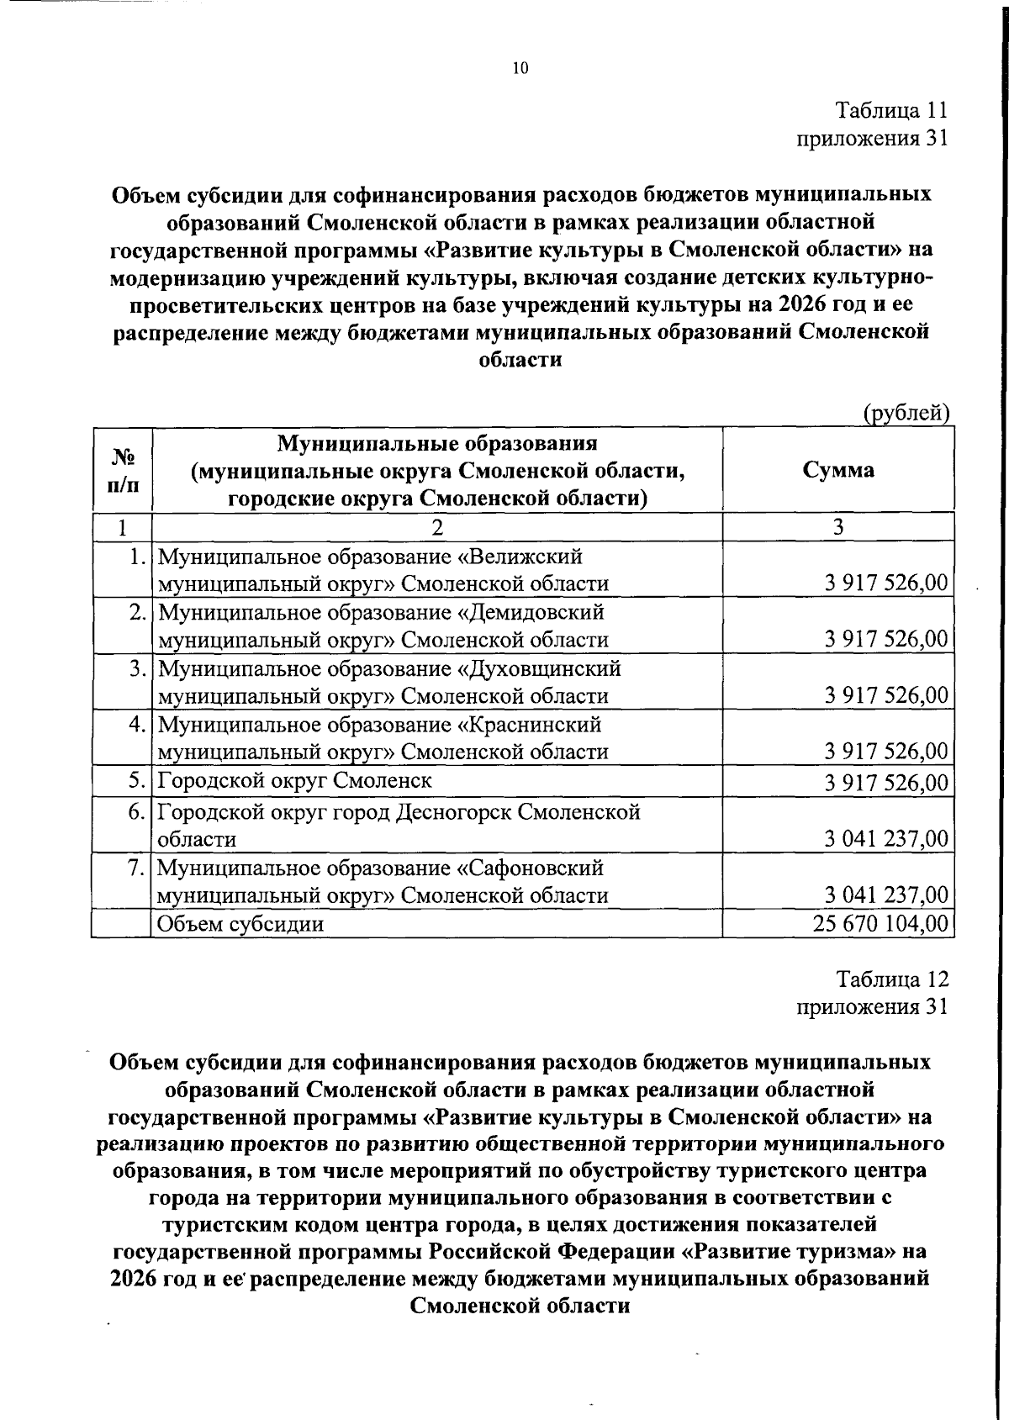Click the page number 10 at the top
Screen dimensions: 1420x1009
pyautogui.click(x=520, y=69)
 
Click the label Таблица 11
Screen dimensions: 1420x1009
pyautogui.click(x=891, y=110)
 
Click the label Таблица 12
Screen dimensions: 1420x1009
pyautogui.click(x=891, y=979)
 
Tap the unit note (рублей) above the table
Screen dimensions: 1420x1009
pyautogui.click(x=906, y=413)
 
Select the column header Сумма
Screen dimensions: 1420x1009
pyautogui.click(x=837, y=470)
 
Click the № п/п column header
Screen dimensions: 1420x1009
pyautogui.click(x=122, y=470)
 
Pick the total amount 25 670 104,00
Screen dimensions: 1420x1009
pyautogui.click(x=880, y=924)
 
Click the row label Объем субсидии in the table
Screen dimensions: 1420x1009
pyautogui.click(x=241, y=924)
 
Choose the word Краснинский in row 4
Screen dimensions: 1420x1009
pyautogui.click(x=530, y=724)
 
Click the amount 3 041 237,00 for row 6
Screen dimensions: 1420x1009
pyautogui.click(x=886, y=839)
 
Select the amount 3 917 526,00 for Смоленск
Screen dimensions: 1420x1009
pyautogui.click(x=886, y=783)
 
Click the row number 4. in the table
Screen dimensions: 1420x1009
pyautogui.click(x=139, y=724)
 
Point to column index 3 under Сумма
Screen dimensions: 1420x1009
pyautogui.click(x=837, y=527)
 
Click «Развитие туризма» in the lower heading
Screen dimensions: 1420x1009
pyautogui.click(x=787, y=1251)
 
